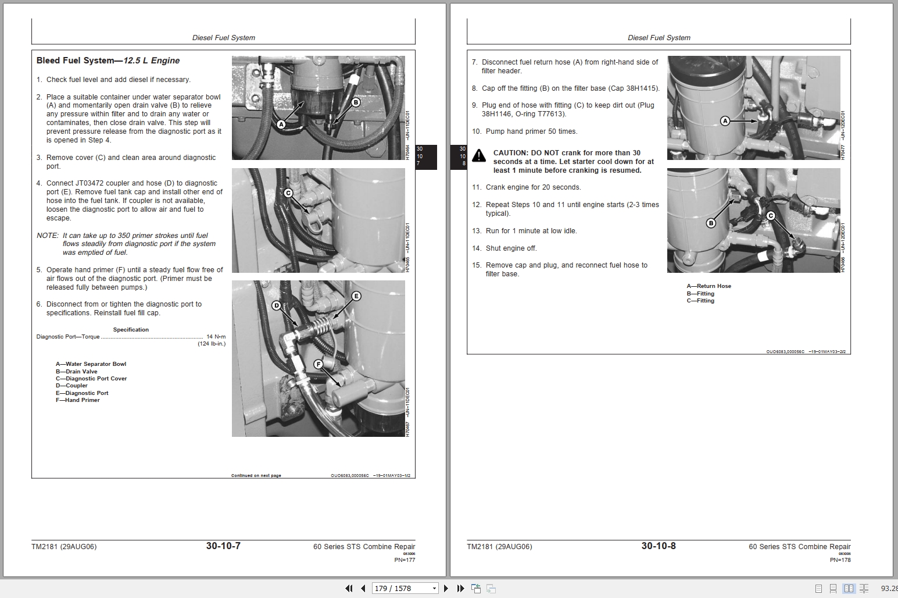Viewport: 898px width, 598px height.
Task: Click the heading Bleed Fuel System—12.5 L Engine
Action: point(108,60)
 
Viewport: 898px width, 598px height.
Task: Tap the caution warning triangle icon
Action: point(479,155)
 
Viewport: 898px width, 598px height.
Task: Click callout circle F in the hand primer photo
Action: point(319,364)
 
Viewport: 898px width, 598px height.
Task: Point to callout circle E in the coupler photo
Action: point(356,296)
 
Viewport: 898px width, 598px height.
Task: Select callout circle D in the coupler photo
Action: point(276,306)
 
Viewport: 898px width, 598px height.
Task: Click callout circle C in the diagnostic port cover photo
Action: point(288,193)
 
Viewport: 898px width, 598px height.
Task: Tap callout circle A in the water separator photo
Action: point(281,124)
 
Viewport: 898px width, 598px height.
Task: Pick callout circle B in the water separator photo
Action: point(356,102)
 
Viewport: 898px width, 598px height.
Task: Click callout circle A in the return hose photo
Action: point(725,121)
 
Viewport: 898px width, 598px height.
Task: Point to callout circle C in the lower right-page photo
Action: point(771,216)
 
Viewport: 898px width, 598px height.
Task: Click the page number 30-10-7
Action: point(223,546)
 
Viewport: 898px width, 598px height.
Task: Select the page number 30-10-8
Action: point(659,546)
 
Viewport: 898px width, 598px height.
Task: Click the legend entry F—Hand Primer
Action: point(78,400)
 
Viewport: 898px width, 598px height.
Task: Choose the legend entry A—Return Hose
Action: point(709,286)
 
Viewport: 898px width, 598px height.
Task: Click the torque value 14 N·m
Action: point(216,337)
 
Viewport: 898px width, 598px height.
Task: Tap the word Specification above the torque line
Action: point(131,329)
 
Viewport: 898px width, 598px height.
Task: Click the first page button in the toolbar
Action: point(349,588)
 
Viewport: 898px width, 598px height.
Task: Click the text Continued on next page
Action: point(256,476)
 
